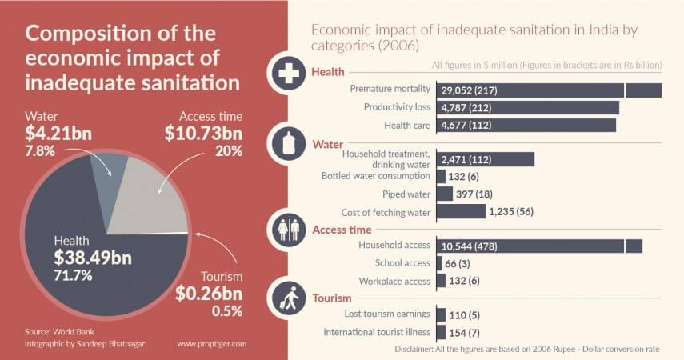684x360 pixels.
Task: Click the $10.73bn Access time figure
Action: coord(203,133)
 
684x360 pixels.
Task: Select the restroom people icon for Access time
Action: coord(287,230)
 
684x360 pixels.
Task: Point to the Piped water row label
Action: coord(408,194)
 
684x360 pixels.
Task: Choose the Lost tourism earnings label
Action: coord(387,314)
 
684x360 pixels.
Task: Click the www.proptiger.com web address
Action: coord(212,343)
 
